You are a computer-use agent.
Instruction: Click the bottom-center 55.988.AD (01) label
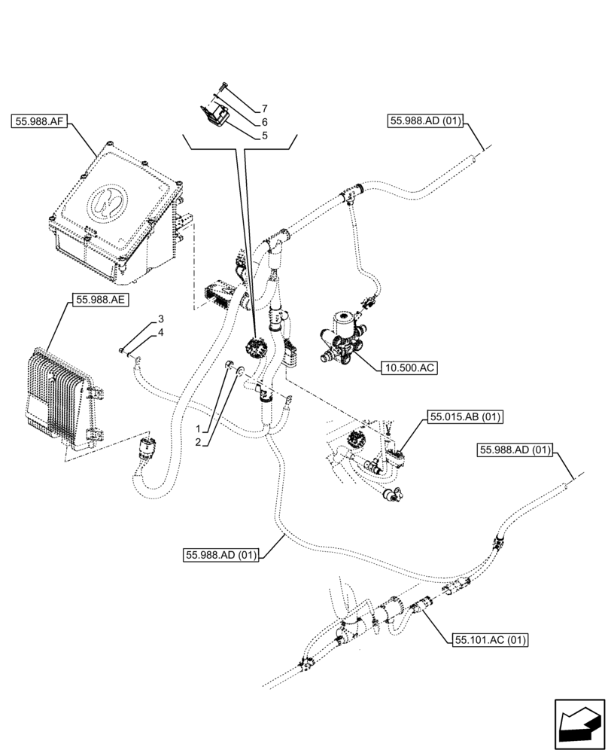tap(221, 556)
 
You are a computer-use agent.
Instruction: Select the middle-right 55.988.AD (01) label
tap(515, 450)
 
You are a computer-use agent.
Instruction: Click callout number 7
tap(265, 109)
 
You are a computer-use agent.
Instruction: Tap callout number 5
tap(265, 136)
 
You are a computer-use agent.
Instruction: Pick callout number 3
tap(161, 320)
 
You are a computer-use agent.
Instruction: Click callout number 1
tap(199, 428)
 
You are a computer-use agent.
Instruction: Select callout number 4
tap(161, 332)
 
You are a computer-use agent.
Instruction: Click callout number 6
tap(265, 122)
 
